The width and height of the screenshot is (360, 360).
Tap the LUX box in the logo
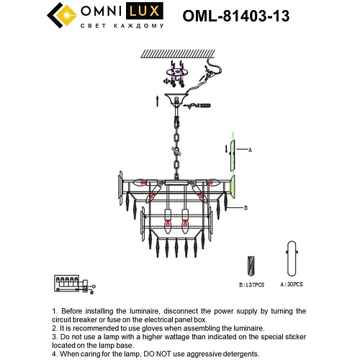[142, 13]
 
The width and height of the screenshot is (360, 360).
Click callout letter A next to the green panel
[251, 149]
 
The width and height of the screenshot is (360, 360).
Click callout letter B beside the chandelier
[246, 208]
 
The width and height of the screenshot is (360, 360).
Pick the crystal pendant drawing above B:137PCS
[251, 264]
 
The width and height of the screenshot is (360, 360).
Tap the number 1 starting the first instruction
[55, 311]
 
